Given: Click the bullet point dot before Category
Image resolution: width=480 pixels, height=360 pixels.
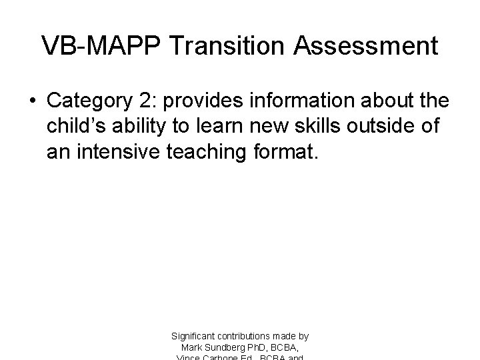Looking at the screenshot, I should tap(31, 101).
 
